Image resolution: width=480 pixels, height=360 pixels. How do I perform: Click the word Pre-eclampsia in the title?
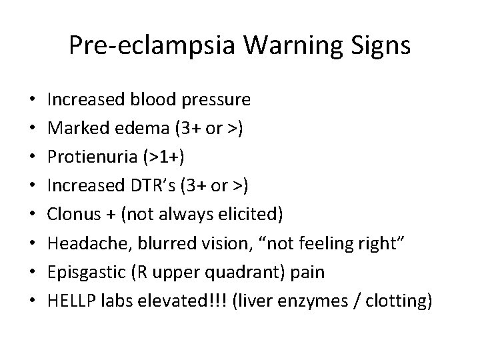(x=147, y=46)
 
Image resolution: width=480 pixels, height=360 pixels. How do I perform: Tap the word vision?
(x=214, y=245)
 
